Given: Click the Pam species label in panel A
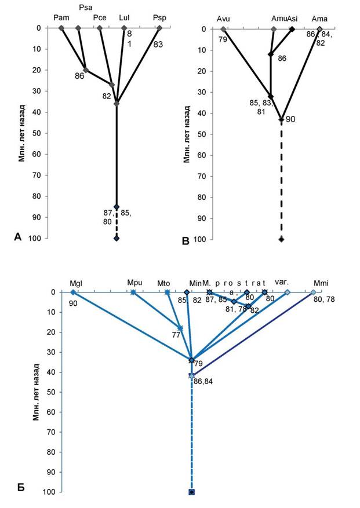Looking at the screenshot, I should [x=61, y=18].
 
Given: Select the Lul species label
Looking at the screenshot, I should [x=124, y=18].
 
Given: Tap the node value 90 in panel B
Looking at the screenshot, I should [x=290, y=119].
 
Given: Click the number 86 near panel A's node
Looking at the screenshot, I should [x=80, y=76].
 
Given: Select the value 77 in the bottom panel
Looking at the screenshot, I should [x=176, y=334].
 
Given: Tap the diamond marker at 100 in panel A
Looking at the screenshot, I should [x=117, y=239].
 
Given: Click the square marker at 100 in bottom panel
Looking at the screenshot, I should [x=191, y=492].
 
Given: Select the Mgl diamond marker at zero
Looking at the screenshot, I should [x=73, y=293].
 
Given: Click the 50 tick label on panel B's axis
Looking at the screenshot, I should [x=204, y=134].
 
